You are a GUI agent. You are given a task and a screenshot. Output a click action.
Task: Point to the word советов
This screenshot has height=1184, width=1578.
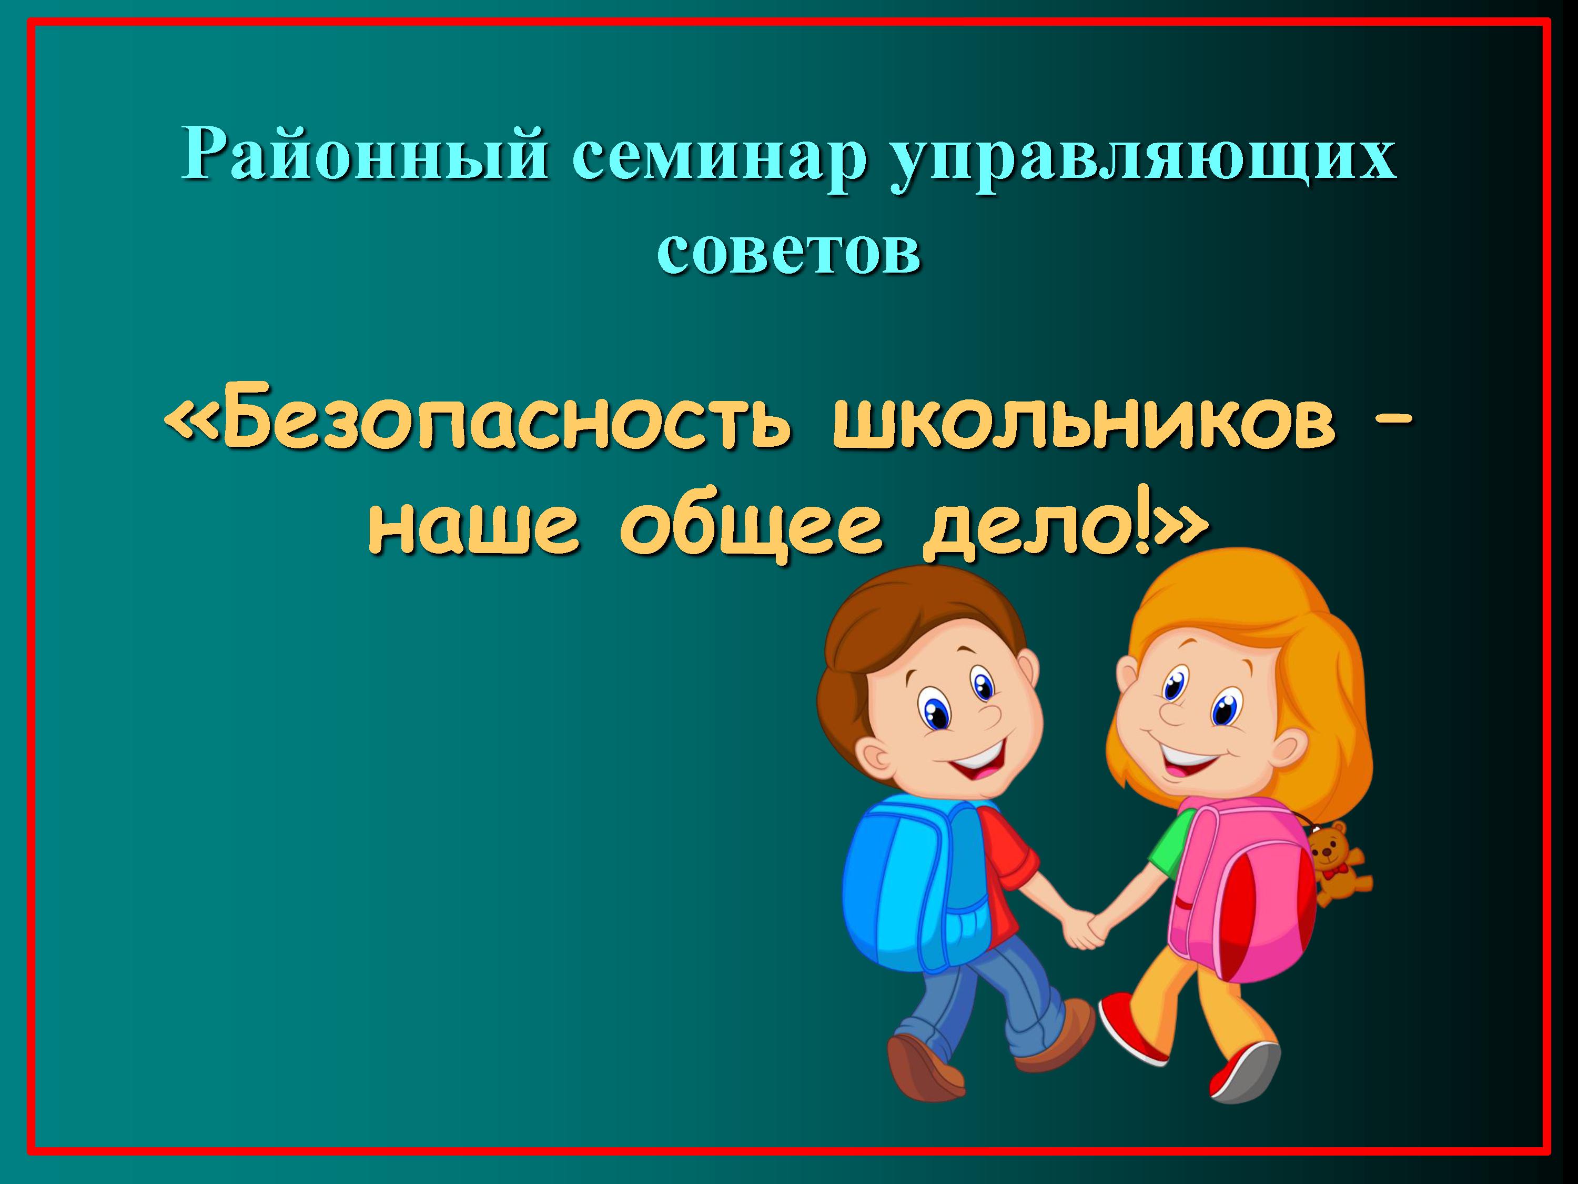[788, 250]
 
